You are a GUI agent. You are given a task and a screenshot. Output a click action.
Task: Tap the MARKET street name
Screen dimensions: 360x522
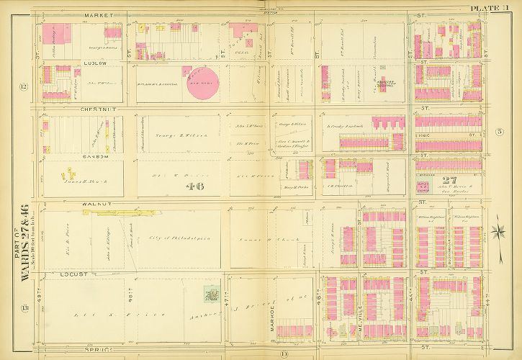[x=95, y=14]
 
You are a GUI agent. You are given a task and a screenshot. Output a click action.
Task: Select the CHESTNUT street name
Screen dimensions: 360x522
[x=60, y=110]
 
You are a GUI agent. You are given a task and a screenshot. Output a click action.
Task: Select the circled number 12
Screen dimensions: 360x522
[x=23, y=87]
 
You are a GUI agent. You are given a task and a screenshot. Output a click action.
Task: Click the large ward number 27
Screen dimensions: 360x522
[x=450, y=181]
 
